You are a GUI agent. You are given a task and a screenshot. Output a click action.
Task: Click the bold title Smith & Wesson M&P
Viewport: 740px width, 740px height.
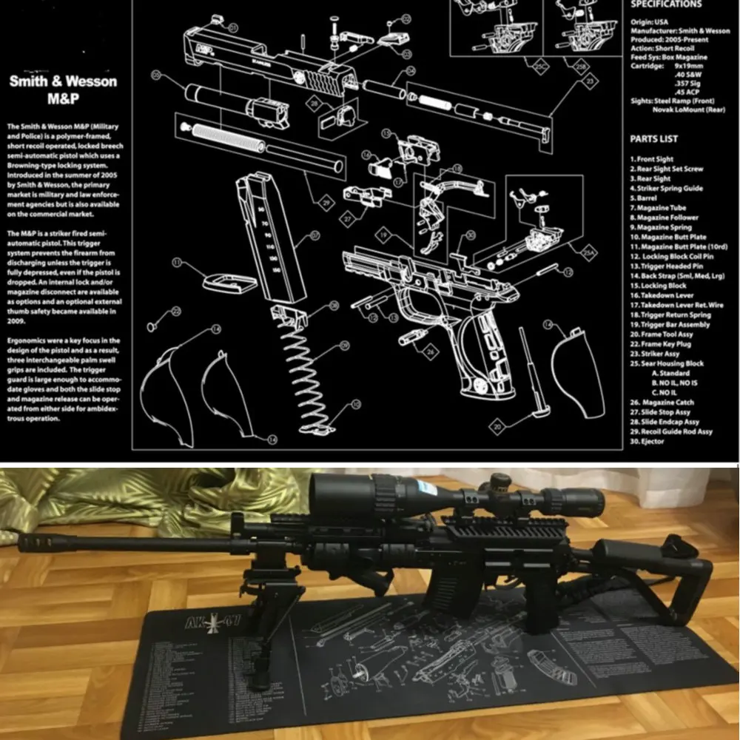[63, 89]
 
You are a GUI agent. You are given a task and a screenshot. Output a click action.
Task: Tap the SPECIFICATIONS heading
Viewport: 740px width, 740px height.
[665, 4]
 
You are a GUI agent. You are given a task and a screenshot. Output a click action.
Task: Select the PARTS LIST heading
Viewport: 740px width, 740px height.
[653, 139]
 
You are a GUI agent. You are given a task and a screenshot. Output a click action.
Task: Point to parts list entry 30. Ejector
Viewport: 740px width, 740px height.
[647, 442]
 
